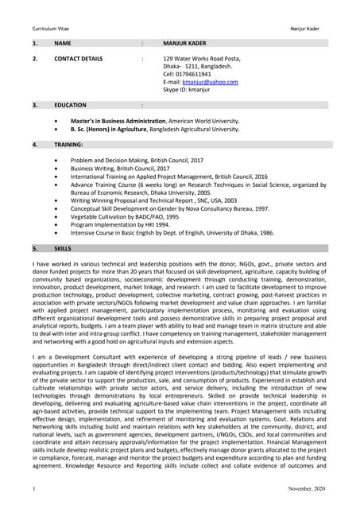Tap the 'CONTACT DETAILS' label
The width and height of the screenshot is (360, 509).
[x=78, y=60]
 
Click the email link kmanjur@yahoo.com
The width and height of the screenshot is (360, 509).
[x=211, y=81]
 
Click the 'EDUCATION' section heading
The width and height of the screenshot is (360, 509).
[x=70, y=105]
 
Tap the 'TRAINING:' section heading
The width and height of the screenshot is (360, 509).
[x=69, y=145]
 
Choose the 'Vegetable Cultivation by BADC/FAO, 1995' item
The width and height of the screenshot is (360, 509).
[x=124, y=216]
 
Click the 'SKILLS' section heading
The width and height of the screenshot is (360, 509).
[x=63, y=248]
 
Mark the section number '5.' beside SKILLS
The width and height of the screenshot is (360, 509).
[x=35, y=248]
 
